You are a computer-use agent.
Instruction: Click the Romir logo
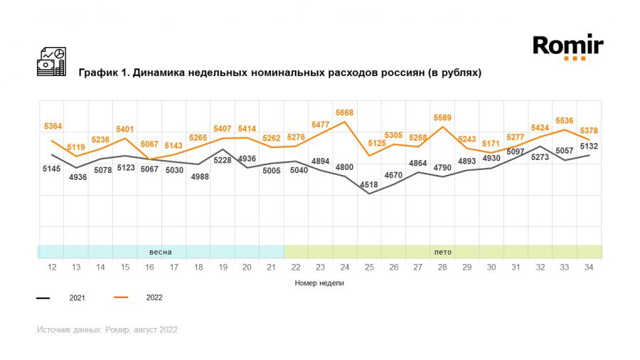tap(568, 47)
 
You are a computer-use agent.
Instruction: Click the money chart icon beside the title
tap(51, 62)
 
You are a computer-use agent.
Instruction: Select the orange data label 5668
tap(345, 112)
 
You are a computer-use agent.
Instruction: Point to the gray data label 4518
tap(368, 185)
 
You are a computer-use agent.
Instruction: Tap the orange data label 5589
tap(442, 118)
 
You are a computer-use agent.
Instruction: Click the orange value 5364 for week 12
tap(52, 127)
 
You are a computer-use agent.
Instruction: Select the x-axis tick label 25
tap(369, 267)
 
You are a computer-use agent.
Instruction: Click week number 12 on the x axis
tap(52, 267)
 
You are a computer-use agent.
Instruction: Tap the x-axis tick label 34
tap(589, 267)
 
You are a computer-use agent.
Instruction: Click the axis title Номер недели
tap(320, 282)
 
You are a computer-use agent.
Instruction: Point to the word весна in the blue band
tap(160, 252)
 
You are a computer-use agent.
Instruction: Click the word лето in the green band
tap(442, 252)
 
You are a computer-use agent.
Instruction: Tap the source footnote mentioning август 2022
tap(107, 329)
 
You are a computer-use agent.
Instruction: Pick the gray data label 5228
tap(223, 161)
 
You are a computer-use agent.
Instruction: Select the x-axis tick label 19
tap(223, 267)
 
